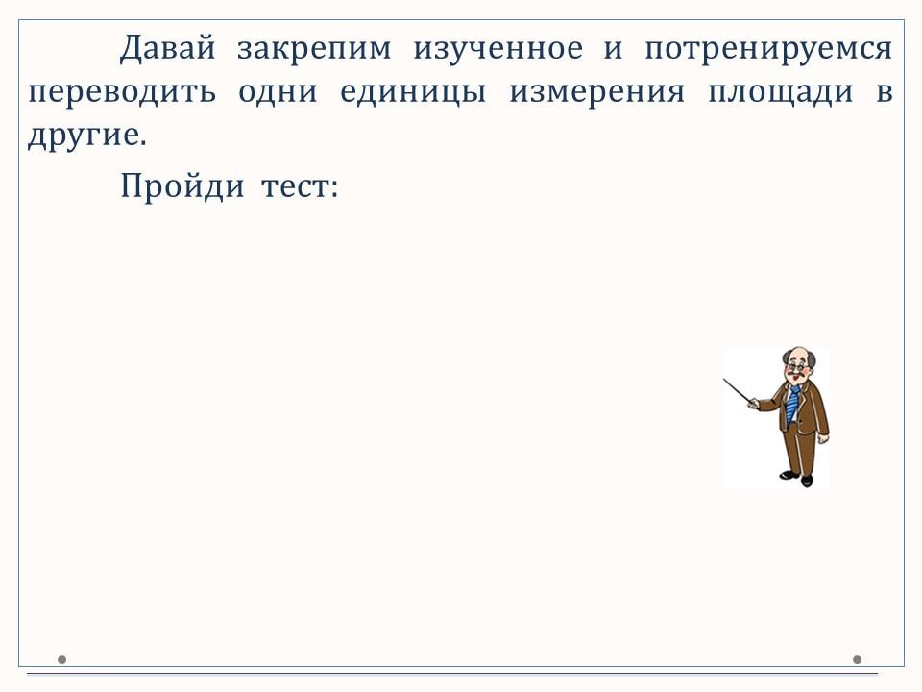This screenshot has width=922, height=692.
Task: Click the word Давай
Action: (168, 48)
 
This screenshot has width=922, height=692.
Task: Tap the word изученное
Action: (497, 49)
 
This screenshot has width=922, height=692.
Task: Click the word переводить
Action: (122, 93)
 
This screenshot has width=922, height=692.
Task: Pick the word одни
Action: (278, 93)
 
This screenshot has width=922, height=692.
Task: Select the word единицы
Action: (413, 93)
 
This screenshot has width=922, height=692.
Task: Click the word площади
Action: (780, 93)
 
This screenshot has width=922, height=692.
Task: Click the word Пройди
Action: (182, 185)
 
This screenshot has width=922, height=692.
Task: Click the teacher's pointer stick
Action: (738, 391)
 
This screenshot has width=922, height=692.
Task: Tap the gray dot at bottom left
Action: (61, 659)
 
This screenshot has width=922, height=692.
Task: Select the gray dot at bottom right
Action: (857, 659)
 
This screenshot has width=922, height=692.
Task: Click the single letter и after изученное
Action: (613, 49)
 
